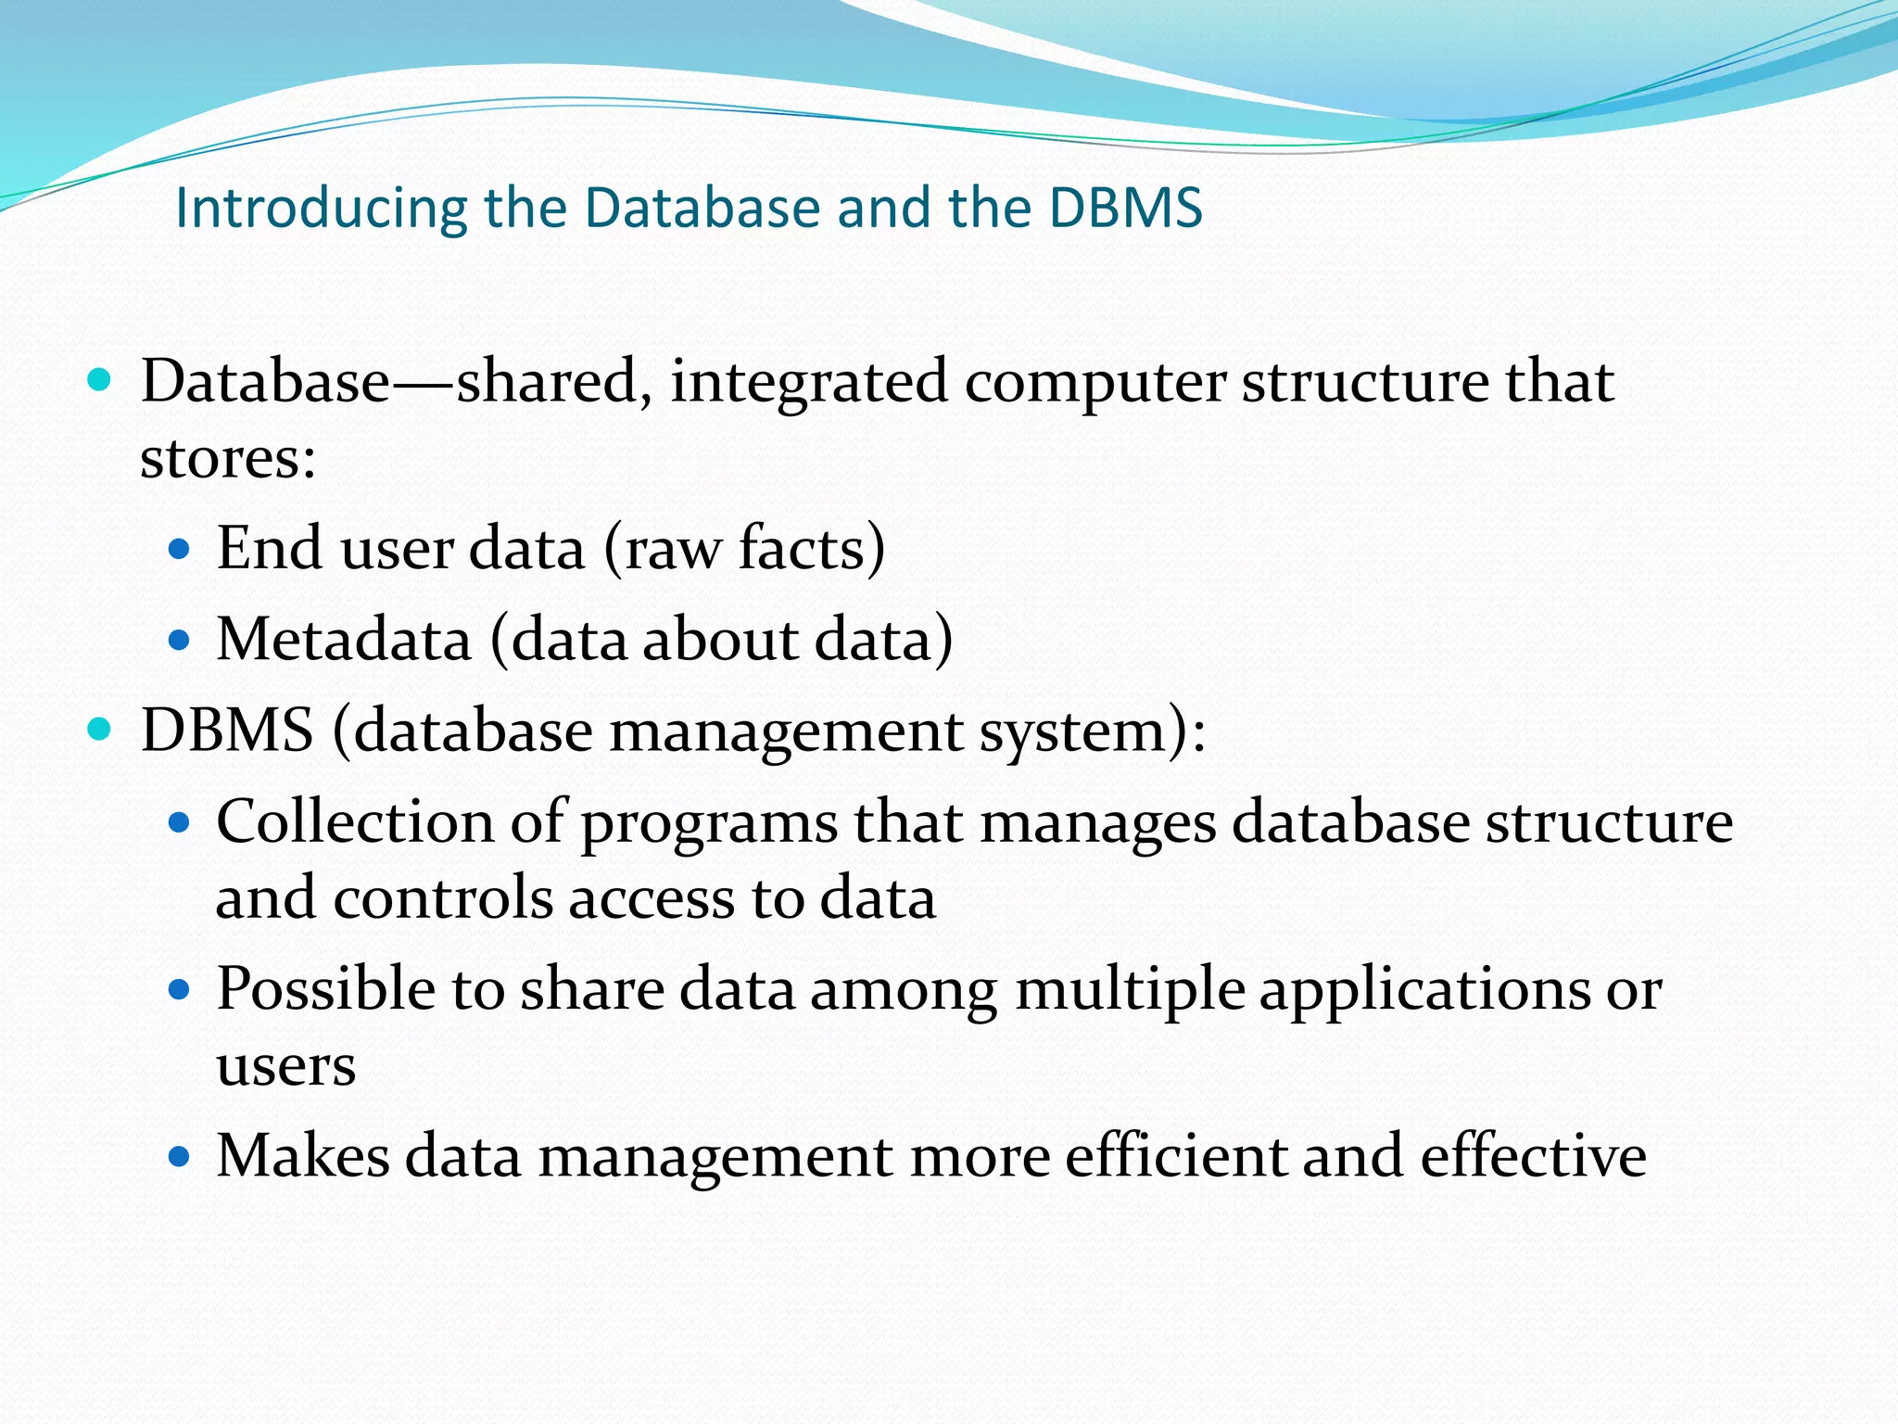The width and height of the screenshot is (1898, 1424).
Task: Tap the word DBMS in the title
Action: click(1125, 208)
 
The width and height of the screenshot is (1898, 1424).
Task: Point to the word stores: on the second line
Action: click(228, 458)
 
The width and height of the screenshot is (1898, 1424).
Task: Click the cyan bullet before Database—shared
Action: click(98, 380)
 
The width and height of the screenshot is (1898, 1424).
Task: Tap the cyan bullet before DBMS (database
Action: click(98, 730)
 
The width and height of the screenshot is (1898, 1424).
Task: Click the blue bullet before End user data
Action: click(180, 549)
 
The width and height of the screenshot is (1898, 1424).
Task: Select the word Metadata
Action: click(344, 640)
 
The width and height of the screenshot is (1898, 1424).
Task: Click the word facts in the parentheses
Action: click(802, 548)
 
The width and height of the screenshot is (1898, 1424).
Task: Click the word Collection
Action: click(355, 821)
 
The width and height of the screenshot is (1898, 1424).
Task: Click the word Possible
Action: click(326, 988)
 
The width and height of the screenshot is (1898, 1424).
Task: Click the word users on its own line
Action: click(285, 1066)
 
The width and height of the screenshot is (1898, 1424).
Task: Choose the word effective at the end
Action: click(1533, 1156)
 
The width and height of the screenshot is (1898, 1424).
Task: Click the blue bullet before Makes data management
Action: click(180, 1157)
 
